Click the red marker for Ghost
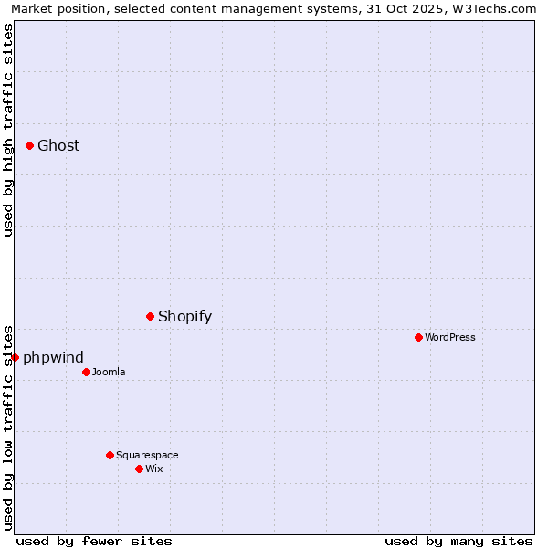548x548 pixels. pyautogui.click(x=29, y=145)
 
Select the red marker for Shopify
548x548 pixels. pyautogui.click(x=151, y=316)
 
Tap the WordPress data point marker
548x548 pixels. pyautogui.click(x=418, y=337)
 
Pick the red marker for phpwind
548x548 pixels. pyautogui.click(x=16, y=357)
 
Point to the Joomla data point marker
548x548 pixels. pyautogui.click(x=86, y=372)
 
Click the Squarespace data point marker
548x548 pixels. pyautogui.click(x=110, y=455)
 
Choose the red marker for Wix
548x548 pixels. pyautogui.click(x=139, y=469)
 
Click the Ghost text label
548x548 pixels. pyautogui.click(x=58, y=145)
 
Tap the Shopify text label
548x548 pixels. pyautogui.click(x=184, y=317)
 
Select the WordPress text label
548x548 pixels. pyautogui.click(x=450, y=337)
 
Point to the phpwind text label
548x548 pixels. pyautogui.click(x=53, y=357)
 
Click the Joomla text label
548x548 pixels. pyautogui.click(x=109, y=372)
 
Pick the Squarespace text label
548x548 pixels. pyautogui.click(x=147, y=455)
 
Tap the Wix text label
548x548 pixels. pyautogui.click(x=154, y=469)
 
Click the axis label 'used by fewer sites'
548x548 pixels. pyautogui.click(x=94, y=541)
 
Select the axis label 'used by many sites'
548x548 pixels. pyautogui.click(x=458, y=541)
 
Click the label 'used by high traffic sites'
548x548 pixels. pyautogui.click(x=8, y=130)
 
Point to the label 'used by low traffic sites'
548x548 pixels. pyautogui.click(x=8, y=427)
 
